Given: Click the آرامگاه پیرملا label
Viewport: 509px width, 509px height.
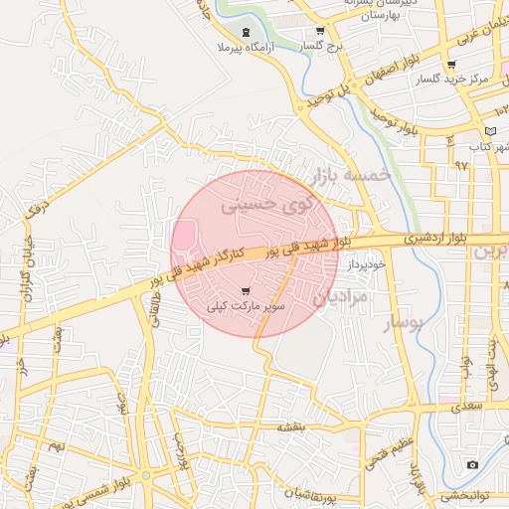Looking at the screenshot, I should (x=238, y=47).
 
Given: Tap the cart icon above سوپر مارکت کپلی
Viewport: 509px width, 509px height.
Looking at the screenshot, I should (x=246, y=291).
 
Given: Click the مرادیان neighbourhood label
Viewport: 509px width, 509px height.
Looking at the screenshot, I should (x=341, y=296).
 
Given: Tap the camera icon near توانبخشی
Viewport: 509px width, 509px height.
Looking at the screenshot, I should (x=471, y=464).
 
